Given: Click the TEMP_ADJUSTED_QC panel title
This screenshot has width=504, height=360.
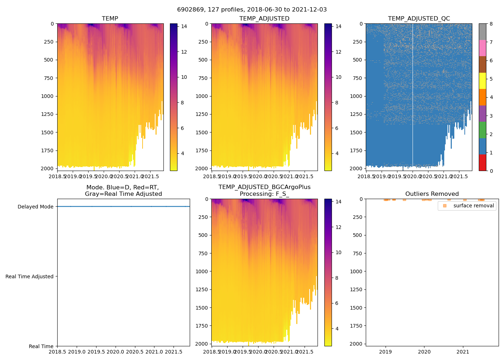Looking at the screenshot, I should point(419,19).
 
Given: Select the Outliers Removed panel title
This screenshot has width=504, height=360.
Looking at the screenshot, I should point(432,194).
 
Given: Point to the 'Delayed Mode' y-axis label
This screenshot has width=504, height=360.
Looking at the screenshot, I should point(35,207).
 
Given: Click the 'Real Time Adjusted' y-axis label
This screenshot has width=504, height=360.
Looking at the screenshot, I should point(29,276).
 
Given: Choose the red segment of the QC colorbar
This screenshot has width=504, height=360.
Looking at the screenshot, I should point(482,162).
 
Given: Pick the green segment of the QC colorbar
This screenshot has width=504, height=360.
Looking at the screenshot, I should point(482,130).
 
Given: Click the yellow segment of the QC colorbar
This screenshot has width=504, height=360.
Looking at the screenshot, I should point(482,81).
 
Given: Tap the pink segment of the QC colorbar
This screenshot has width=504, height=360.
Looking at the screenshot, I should point(482,48).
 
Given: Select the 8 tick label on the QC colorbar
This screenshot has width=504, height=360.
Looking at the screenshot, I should point(491,24).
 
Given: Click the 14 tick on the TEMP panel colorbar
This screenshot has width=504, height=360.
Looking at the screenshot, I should point(184,26).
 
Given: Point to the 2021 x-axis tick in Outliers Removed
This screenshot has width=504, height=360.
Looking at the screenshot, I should point(463,352).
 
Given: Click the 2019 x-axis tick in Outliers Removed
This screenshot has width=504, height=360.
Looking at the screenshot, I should point(386,352).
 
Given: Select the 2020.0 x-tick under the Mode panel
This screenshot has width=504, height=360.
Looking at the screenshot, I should point(116,352).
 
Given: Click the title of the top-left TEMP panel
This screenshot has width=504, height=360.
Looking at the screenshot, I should point(110,19).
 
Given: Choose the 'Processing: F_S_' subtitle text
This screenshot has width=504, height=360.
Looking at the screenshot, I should point(264,194).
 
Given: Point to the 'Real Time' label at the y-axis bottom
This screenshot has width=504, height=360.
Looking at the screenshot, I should point(41,346).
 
